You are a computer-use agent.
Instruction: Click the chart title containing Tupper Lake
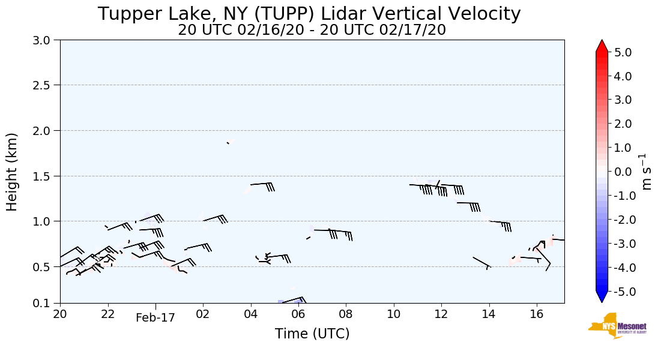point(309,14)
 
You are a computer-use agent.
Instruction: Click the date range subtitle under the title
point(312,30)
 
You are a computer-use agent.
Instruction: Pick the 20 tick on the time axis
point(60,314)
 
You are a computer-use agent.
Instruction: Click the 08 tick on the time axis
point(346,314)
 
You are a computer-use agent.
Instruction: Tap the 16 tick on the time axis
point(537,314)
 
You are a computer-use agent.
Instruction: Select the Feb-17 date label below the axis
point(155,317)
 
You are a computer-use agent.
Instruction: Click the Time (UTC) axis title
point(312,334)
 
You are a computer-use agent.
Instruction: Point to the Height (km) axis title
point(13,172)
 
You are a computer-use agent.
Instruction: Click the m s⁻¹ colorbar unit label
point(647,172)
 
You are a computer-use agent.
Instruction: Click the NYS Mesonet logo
point(614,326)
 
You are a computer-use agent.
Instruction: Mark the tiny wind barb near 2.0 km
point(228,143)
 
